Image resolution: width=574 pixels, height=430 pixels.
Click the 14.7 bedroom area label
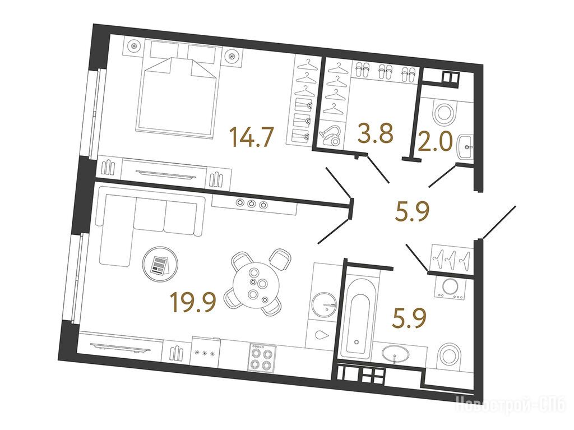click(251, 136)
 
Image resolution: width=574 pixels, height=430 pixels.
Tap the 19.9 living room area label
click(194, 303)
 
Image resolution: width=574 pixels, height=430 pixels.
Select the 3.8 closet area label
click(376, 133)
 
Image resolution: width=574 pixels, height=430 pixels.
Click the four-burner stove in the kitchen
click(262, 357)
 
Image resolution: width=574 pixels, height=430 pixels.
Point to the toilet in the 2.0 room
click(444, 113)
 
